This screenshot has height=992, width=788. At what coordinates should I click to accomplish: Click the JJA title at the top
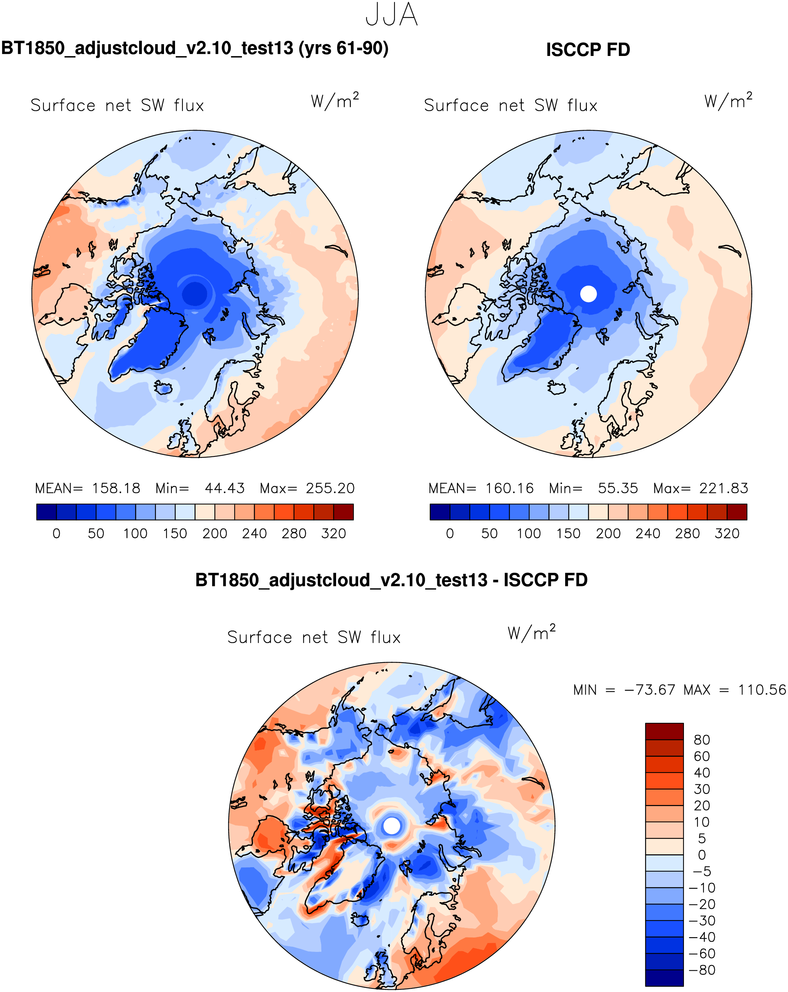[391, 15]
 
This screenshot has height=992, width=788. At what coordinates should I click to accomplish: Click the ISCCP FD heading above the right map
[588, 50]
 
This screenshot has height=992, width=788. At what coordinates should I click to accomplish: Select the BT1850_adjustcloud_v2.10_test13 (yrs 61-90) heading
[195, 48]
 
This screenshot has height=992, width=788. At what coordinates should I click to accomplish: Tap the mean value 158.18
[116, 488]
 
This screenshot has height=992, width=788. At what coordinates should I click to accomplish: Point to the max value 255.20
[330, 488]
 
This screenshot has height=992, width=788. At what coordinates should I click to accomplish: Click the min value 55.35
[617, 488]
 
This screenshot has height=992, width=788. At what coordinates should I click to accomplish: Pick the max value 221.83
[724, 488]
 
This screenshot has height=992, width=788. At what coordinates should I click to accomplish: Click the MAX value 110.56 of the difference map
[762, 690]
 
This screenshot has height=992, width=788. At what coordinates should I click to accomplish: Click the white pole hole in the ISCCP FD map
[588, 294]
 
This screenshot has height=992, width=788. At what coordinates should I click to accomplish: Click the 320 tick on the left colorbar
[333, 534]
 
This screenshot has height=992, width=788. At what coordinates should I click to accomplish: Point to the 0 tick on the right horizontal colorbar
[450, 534]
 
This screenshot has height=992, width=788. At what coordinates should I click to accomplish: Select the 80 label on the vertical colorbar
[702, 740]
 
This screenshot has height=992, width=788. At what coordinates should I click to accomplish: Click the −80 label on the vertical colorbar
[702, 970]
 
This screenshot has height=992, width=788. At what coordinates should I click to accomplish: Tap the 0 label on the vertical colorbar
[702, 855]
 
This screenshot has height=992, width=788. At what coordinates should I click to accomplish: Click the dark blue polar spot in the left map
[195, 293]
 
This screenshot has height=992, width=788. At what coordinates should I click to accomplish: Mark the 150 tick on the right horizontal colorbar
[568, 534]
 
